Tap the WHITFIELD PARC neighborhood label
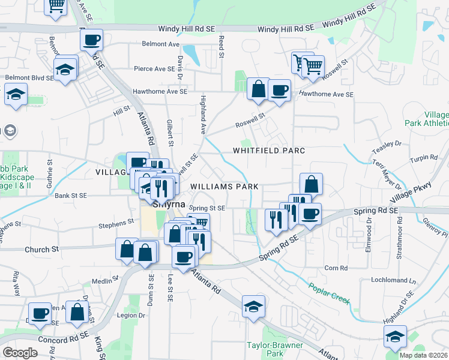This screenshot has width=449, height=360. (x=269, y=151)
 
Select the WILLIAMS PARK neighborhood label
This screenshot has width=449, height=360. (x=224, y=187)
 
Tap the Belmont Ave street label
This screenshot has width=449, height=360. (x=161, y=44)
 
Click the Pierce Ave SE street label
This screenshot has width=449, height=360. (x=154, y=69)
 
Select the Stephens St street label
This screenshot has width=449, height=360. (x=116, y=223)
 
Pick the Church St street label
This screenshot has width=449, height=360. (x=42, y=249)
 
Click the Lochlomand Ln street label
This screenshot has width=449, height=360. (x=396, y=280)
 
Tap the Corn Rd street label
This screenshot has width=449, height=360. (x=336, y=268)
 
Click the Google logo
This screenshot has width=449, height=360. (x=20, y=353)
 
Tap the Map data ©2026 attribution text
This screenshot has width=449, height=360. (x=423, y=355)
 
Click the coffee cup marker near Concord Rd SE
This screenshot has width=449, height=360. (x=40, y=313)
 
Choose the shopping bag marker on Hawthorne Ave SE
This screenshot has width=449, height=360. (x=258, y=88)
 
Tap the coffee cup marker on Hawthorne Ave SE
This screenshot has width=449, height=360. (x=279, y=90)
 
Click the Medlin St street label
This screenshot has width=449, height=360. (x=103, y=280)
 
